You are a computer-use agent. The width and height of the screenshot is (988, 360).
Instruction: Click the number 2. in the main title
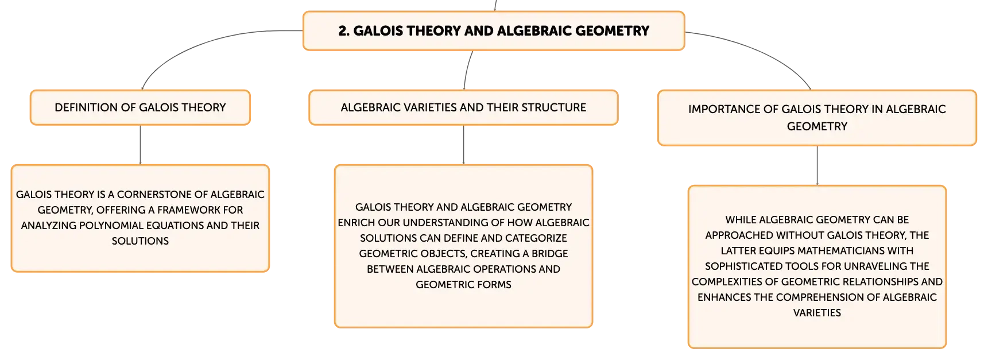click(344, 31)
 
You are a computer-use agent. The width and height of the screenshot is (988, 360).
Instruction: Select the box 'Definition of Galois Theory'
click(140, 107)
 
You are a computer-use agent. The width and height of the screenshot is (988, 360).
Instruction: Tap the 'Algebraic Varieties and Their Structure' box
click(463, 107)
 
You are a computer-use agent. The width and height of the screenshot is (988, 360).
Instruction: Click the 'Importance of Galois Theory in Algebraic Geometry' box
click(817, 118)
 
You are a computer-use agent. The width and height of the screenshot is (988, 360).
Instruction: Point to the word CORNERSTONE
click(152, 195)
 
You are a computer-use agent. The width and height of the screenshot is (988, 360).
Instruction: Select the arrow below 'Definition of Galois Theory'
click(140, 145)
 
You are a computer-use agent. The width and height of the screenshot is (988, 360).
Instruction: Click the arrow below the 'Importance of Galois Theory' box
click(817, 165)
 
